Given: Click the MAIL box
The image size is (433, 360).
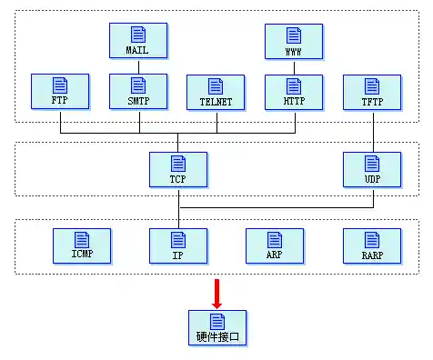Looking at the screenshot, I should point(137,40).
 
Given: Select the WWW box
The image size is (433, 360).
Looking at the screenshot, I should point(293,40).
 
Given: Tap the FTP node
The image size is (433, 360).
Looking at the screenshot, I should point(59,92).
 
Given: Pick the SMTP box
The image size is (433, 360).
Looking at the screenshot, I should point(137,92).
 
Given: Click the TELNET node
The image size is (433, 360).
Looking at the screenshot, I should point(216,92).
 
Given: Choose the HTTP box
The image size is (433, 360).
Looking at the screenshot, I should point(293,92).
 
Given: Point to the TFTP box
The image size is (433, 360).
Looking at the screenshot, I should point(371,92).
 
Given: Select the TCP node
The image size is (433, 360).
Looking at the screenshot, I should point(177,169).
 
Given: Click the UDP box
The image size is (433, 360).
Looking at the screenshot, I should point(371,169).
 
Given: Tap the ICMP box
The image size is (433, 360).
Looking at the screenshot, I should point(81,245).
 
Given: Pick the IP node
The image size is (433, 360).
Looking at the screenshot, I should point(177,245).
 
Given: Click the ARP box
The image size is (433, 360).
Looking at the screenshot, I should point(274,245).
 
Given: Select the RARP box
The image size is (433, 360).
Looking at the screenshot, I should point(371,245).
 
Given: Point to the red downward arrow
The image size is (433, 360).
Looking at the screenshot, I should point(216,294).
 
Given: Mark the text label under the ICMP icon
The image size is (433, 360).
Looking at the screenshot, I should point(81,255).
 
